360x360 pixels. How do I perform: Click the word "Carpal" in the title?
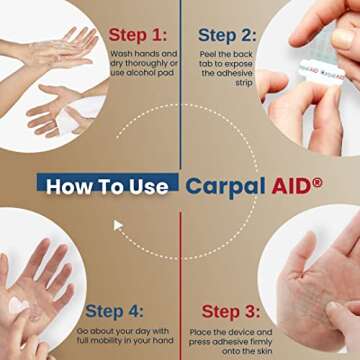225,185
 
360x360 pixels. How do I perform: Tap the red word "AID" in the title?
290,185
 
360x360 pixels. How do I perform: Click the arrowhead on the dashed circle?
118,226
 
